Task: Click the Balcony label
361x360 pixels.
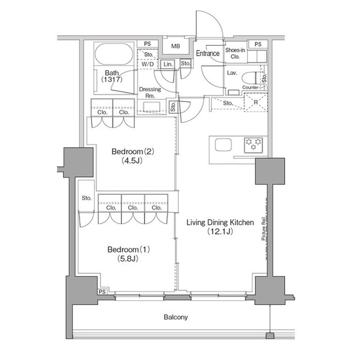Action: coord(175,318)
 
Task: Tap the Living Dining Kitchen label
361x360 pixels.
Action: coord(220,223)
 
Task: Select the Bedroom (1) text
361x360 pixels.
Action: coord(130,250)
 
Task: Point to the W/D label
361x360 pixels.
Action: coord(147,65)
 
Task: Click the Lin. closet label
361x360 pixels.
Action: coord(168,65)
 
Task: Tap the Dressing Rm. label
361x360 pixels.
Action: coord(150,92)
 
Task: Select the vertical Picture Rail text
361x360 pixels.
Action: coord(263,230)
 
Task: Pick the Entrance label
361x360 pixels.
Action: coord(208,54)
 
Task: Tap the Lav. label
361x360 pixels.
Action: coord(231,73)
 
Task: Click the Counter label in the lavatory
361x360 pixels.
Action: coord(250,88)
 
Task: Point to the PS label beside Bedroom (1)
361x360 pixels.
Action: coord(102,291)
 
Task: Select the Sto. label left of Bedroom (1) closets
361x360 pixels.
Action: coord(86,198)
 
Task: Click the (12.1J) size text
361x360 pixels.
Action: coord(220,232)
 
